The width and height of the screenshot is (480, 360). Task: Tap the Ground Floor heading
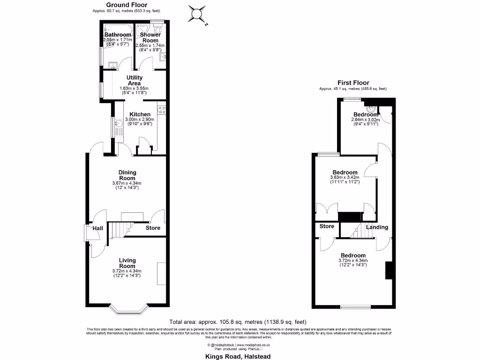click(x=125, y=5)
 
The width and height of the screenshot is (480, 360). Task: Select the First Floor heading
click(x=352, y=83)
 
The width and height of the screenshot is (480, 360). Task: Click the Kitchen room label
click(x=140, y=114)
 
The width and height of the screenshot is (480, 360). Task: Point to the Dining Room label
click(x=127, y=175)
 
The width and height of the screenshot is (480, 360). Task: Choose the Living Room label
click(x=127, y=263)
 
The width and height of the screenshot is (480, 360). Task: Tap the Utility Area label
click(x=134, y=80)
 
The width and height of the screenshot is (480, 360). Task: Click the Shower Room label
click(x=150, y=37)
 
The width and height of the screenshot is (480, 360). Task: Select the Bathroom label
click(x=118, y=35)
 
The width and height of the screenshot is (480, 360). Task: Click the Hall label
click(x=97, y=228)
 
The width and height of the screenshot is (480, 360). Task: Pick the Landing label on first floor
click(x=377, y=227)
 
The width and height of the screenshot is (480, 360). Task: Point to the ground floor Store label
click(x=152, y=228)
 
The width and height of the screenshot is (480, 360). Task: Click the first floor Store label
click(x=327, y=226)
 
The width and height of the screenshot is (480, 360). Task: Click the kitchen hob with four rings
click(x=162, y=110)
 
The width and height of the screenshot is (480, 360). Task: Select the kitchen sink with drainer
click(x=119, y=127)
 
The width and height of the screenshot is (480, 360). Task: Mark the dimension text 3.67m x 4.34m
click(x=127, y=183)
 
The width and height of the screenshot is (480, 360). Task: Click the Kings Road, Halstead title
click(x=238, y=356)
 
